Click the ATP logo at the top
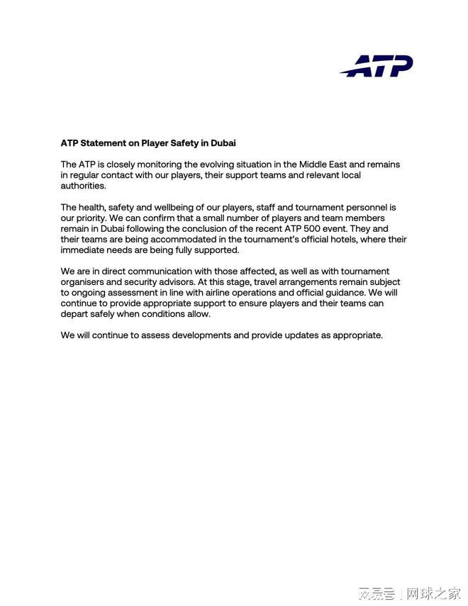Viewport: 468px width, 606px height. click(x=376, y=66)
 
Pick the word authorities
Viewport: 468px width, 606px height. click(x=83, y=186)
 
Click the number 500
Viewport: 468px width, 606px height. click(x=338, y=229)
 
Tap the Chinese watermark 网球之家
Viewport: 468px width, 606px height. click(x=433, y=593)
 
